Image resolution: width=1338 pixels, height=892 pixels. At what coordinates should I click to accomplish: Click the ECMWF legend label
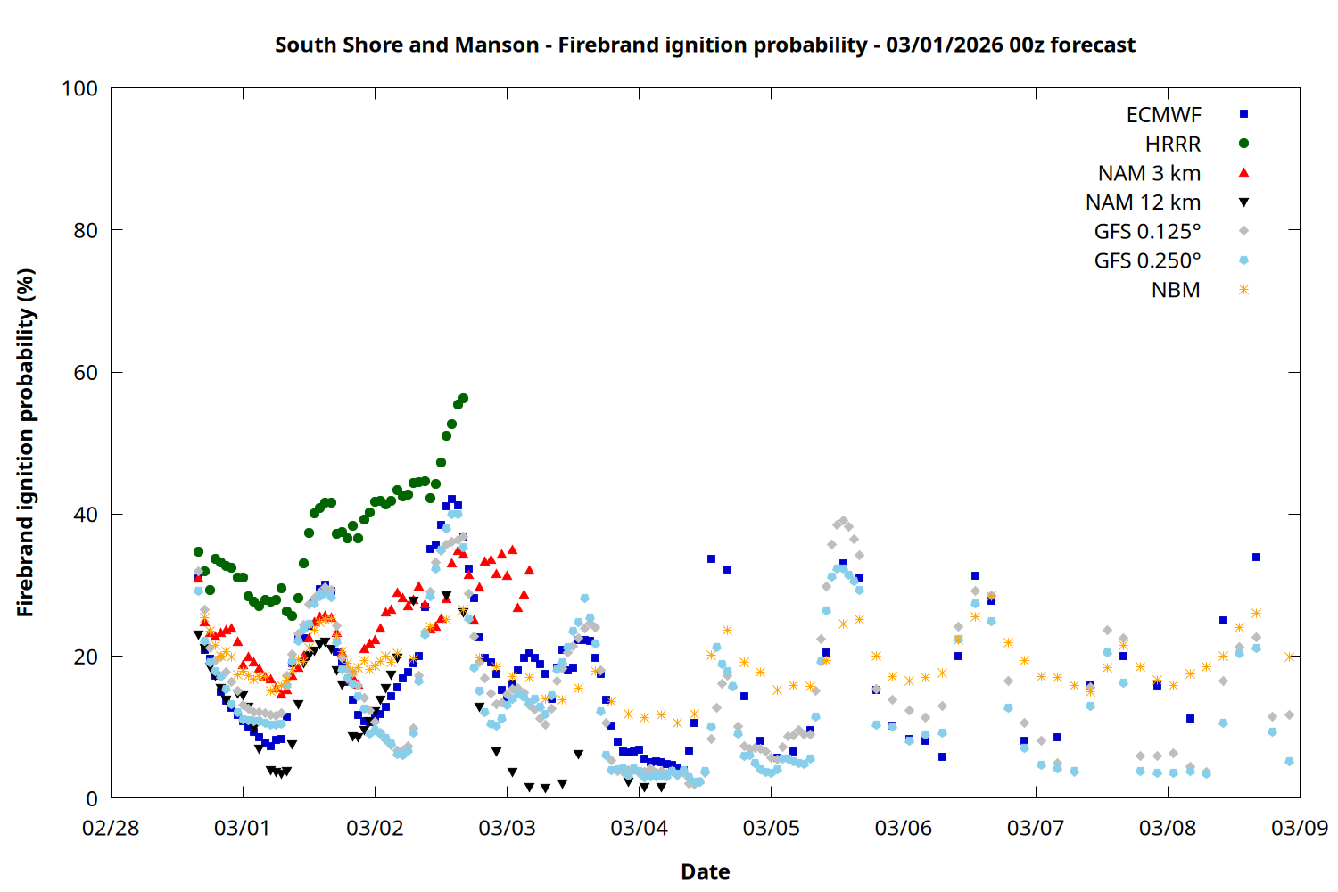1163,115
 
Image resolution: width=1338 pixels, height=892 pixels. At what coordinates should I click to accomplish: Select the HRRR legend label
1173,145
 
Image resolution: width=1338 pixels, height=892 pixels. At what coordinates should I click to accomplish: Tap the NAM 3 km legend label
1149,173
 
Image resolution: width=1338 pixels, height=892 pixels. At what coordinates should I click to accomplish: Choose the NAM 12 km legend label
1143,202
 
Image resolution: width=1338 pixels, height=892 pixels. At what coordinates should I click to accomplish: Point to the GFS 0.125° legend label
1147,232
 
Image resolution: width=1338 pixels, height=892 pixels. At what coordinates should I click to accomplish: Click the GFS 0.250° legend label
1147,261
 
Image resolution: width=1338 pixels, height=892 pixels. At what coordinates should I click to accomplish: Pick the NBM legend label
1176,291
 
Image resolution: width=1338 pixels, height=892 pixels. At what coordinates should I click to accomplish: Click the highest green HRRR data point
463,399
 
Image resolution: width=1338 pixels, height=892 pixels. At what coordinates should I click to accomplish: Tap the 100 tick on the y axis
79,88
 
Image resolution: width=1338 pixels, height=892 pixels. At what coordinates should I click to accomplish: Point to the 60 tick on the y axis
86,373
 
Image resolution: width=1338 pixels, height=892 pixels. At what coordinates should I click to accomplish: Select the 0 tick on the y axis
92,799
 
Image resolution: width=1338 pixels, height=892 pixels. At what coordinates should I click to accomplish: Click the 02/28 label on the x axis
111,828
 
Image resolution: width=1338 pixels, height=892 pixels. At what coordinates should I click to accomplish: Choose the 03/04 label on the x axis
639,828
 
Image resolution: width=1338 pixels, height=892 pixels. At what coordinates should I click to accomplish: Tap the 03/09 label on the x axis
1299,828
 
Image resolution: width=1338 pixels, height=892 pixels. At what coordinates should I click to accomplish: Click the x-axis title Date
705,871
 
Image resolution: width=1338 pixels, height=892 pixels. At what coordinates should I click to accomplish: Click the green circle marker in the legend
1243,144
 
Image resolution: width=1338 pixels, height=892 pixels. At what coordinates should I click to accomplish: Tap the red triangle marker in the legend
1243,172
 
